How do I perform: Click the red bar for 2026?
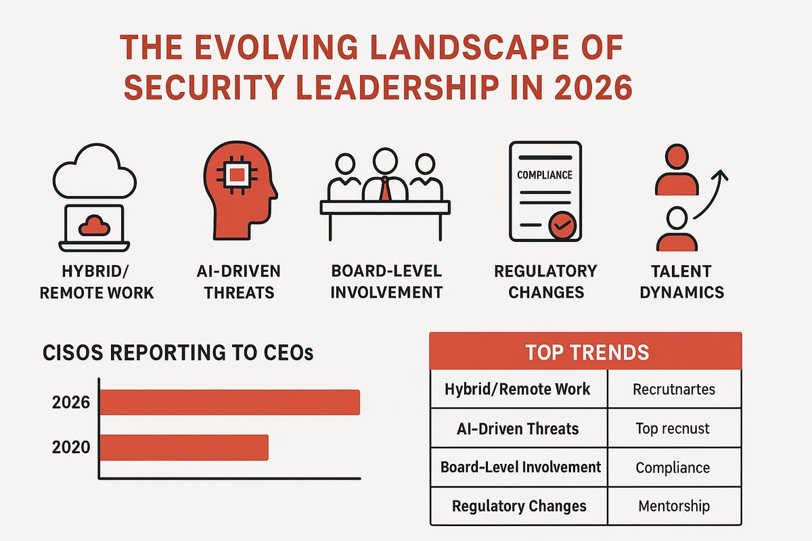tap(230, 402)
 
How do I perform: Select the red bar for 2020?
tap(184, 448)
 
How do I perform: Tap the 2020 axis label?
tap(70, 448)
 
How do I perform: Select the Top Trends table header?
tap(586, 351)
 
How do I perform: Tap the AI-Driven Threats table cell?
tap(518, 428)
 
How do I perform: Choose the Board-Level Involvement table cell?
tap(520, 467)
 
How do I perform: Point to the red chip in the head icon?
tap(235, 176)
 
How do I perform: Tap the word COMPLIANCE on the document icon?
tap(545, 174)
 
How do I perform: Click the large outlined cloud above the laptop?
tap(95, 174)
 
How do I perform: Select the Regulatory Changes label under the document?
tap(545, 282)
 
